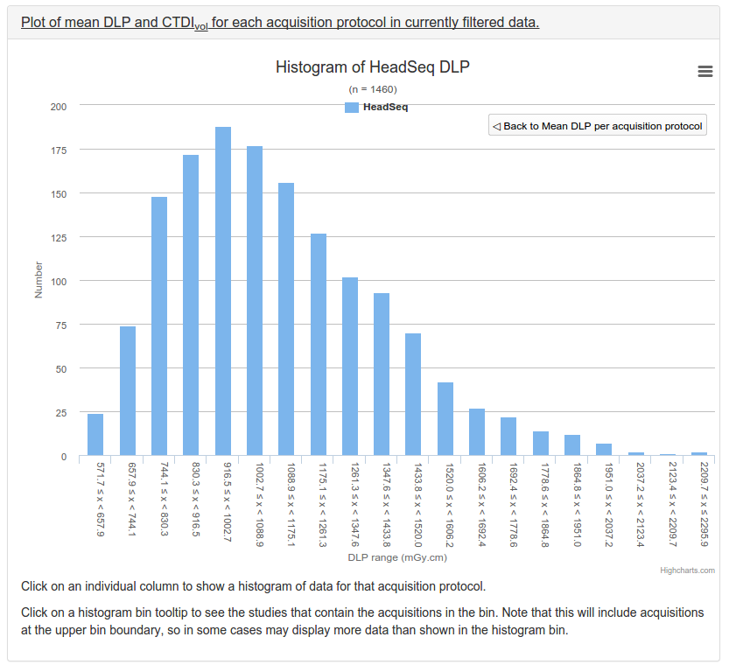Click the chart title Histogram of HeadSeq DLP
coord(372,67)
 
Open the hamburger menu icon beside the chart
coord(705,72)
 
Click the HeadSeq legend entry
coord(376,108)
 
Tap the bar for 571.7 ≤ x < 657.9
coord(95,435)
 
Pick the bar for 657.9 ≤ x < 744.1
coord(128,391)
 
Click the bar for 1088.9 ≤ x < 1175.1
coord(286,319)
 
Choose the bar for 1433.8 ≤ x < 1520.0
coord(413,395)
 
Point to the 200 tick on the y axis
coord(59,107)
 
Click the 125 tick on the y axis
coord(59,238)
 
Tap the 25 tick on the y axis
coord(61,413)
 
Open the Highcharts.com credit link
coord(687,570)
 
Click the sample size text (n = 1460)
coord(372,89)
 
